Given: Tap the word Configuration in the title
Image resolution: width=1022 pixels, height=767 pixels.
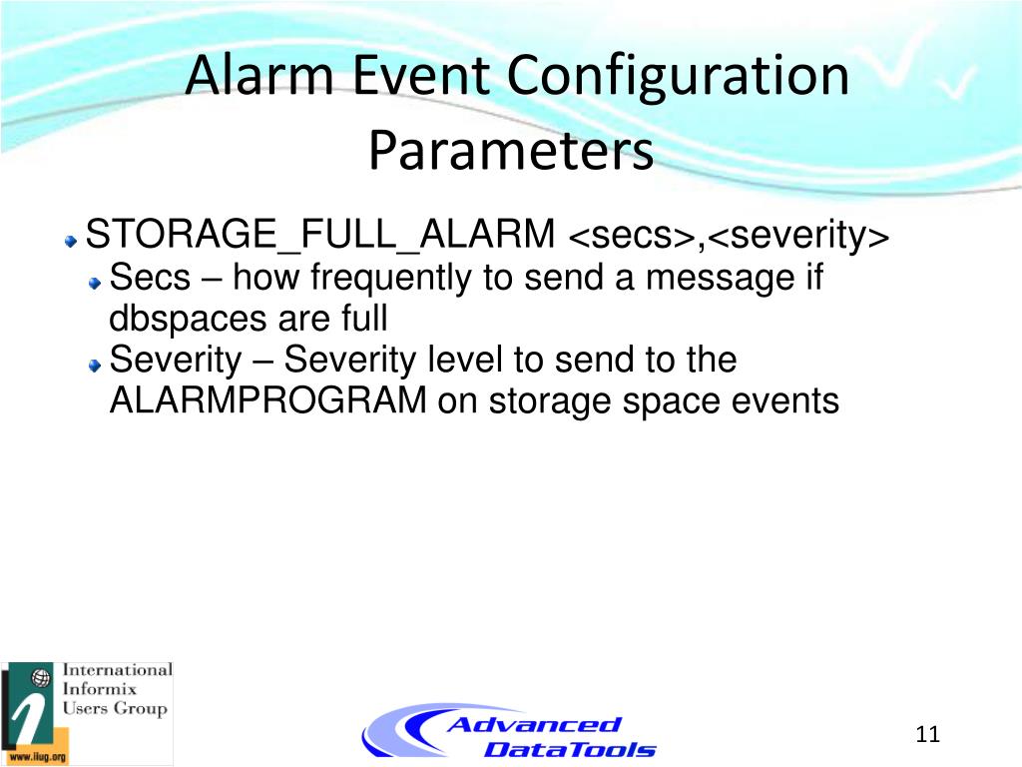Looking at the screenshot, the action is [678, 78].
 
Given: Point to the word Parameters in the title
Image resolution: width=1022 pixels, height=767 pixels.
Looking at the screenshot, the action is [511, 150].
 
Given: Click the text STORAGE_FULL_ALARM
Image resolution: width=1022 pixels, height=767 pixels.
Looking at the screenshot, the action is [320, 234].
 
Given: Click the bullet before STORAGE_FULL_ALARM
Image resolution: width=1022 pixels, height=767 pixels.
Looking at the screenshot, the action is [71, 242].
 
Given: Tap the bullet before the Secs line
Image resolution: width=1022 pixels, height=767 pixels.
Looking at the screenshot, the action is [96, 283].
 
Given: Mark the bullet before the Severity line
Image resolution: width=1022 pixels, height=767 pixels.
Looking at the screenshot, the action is [96, 366].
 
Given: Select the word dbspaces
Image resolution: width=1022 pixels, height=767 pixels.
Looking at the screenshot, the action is [188, 320].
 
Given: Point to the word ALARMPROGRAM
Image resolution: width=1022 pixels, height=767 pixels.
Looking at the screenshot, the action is [267, 399].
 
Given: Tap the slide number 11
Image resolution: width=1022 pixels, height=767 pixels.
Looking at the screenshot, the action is [927, 734].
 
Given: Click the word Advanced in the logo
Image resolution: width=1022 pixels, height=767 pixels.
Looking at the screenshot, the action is [534, 725].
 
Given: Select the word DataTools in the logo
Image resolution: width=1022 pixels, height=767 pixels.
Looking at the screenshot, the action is [570, 749].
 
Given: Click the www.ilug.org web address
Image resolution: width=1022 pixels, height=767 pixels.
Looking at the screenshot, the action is [38, 757].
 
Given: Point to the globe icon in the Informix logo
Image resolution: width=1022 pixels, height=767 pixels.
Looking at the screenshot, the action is [41, 678].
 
